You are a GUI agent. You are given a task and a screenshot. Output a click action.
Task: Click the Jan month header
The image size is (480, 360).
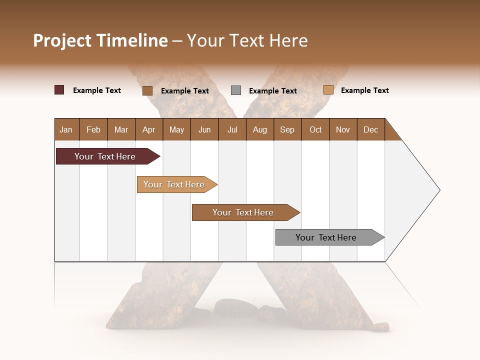click(66, 129)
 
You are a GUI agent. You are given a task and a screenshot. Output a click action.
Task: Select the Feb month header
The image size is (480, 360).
click(93, 129)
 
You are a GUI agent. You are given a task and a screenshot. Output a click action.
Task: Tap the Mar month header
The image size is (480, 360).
click(121, 129)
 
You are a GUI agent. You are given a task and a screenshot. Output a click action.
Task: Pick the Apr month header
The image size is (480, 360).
click(148, 129)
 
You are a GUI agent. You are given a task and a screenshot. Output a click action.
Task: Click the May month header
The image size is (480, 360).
click(176, 129)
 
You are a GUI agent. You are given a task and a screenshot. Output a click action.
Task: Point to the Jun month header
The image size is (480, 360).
click(204, 129)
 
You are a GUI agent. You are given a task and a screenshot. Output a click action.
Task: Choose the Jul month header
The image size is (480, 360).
click(232, 129)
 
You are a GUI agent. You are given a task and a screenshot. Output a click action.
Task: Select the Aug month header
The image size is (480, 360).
click(259, 129)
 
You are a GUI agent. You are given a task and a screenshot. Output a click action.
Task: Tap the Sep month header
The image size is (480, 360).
click(287, 129)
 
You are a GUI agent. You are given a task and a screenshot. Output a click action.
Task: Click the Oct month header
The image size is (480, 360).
click(315, 129)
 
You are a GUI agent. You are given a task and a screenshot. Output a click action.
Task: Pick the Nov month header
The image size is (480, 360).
click(343, 129)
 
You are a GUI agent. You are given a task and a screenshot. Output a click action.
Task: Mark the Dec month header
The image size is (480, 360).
click(370, 129)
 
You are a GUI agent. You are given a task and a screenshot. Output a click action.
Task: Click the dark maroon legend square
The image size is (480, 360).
click(59, 90)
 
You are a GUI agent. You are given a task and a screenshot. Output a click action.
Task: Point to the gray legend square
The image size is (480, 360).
click(236, 90)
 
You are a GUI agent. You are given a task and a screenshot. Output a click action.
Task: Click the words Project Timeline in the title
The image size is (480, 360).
click(100, 40)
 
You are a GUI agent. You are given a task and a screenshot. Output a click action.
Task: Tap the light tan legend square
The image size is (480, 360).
click(328, 90)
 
